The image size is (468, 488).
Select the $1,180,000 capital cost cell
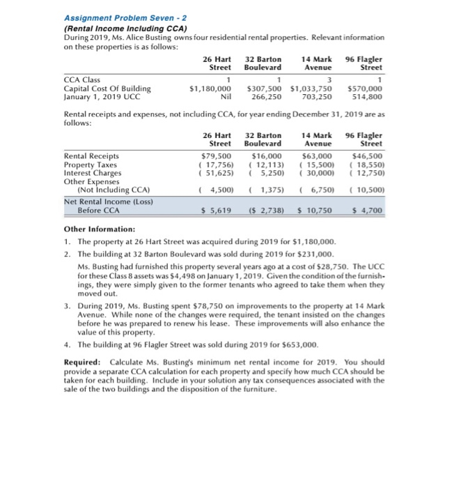[210, 89]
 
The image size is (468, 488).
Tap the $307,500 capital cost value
[265, 89]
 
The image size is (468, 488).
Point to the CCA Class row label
[81, 80]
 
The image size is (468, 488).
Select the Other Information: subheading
[100, 229]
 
